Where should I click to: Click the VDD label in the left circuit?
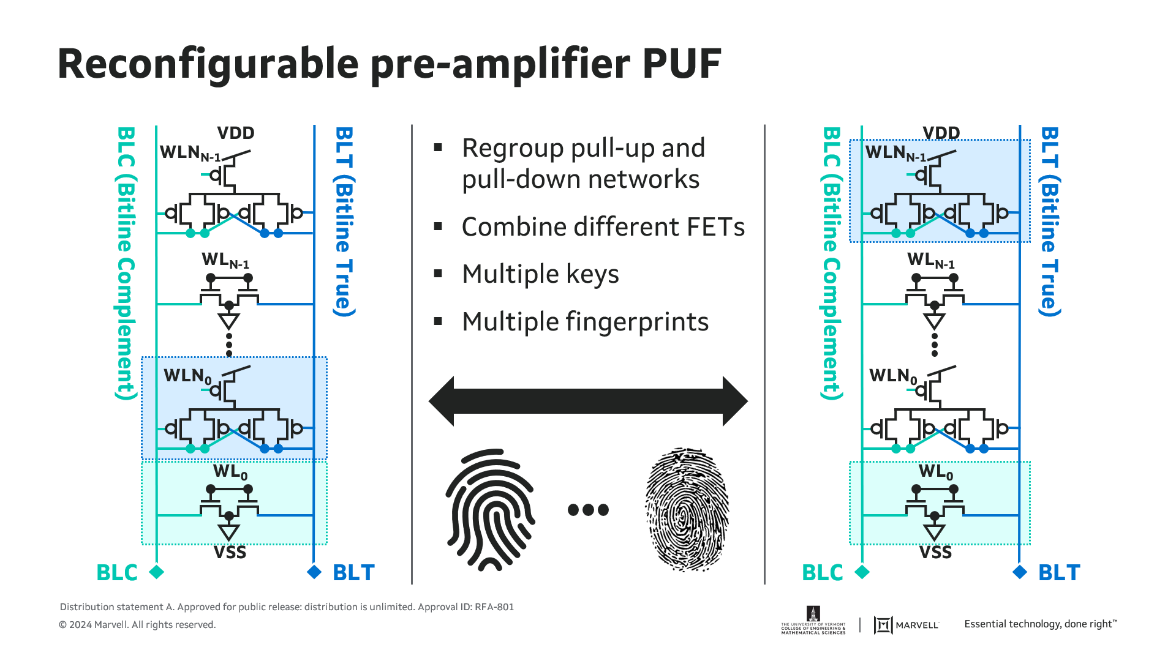(236, 133)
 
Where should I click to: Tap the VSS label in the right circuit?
(935, 553)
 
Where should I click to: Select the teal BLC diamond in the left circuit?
(157, 572)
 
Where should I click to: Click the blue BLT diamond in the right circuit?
(1020, 572)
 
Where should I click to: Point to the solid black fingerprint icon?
(491, 509)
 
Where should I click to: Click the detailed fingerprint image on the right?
(687, 509)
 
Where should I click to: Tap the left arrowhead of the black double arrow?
(442, 401)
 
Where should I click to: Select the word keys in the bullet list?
(592, 274)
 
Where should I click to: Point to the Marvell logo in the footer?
(906, 625)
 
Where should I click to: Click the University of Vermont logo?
(813, 621)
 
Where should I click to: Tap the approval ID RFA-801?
(494, 607)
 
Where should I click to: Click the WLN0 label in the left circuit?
(187, 376)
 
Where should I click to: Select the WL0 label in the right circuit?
(935, 472)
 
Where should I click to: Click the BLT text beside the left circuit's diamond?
(353, 573)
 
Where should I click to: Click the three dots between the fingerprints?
(588, 509)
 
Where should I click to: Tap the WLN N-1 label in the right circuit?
(895, 153)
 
